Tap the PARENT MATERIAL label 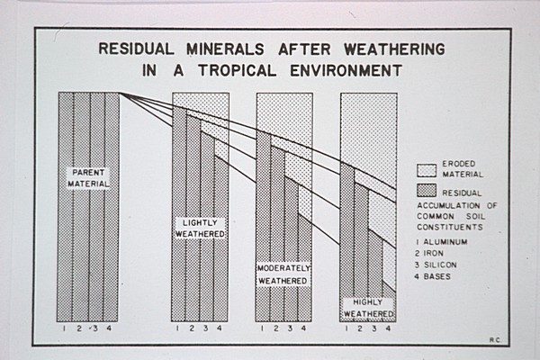(x=87, y=178)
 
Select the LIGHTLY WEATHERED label (x=199, y=228)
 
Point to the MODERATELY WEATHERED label (x=283, y=274)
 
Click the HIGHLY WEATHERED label (x=367, y=308)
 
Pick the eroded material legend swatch (x=427, y=168)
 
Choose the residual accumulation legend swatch (x=427, y=190)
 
